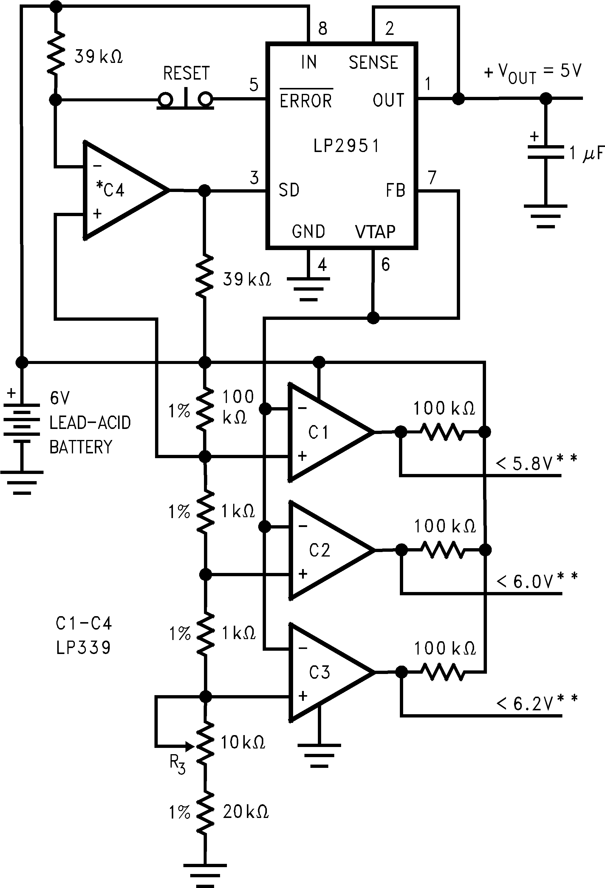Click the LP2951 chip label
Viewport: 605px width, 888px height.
(x=346, y=145)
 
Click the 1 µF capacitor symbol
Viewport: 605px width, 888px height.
(x=545, y=152)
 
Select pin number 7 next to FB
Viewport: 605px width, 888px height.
(x=432, y=177)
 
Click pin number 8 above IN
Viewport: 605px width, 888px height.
(x=323, y=29)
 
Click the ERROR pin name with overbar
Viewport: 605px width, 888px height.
(x=306, y=100)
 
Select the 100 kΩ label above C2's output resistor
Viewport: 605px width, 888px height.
(x=445, y=526)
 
